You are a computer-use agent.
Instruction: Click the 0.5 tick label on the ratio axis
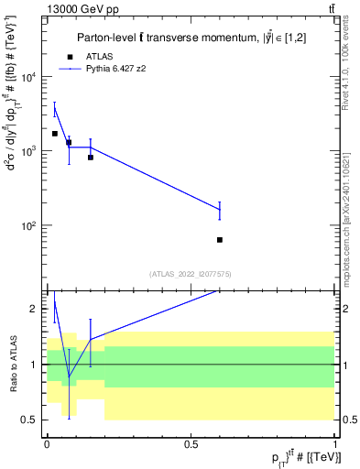29,420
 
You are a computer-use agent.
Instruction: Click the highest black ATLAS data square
55,134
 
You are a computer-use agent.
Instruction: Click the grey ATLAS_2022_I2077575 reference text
191,274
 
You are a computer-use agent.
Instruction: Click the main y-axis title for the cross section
12,165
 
